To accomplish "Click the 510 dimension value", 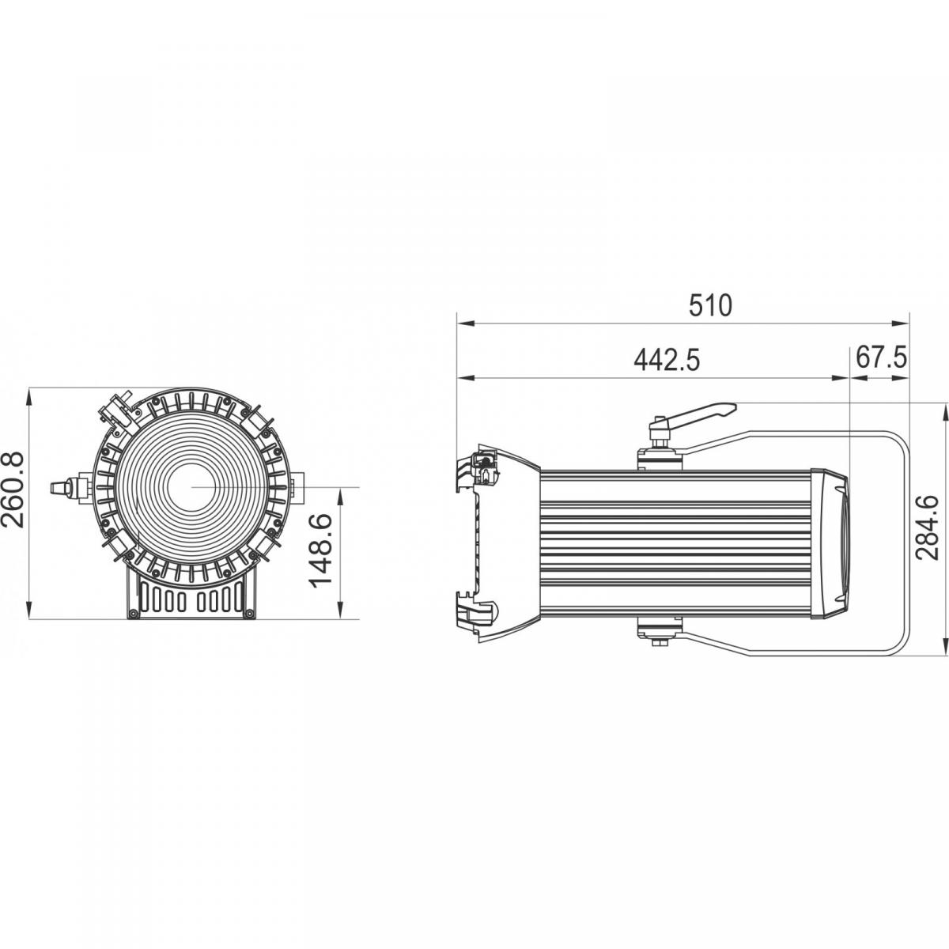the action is tap(710, 305).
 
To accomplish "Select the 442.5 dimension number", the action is tap(667, 360).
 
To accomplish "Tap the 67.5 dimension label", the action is tap(881, 357).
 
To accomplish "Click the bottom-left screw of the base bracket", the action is tap(133, 613).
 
